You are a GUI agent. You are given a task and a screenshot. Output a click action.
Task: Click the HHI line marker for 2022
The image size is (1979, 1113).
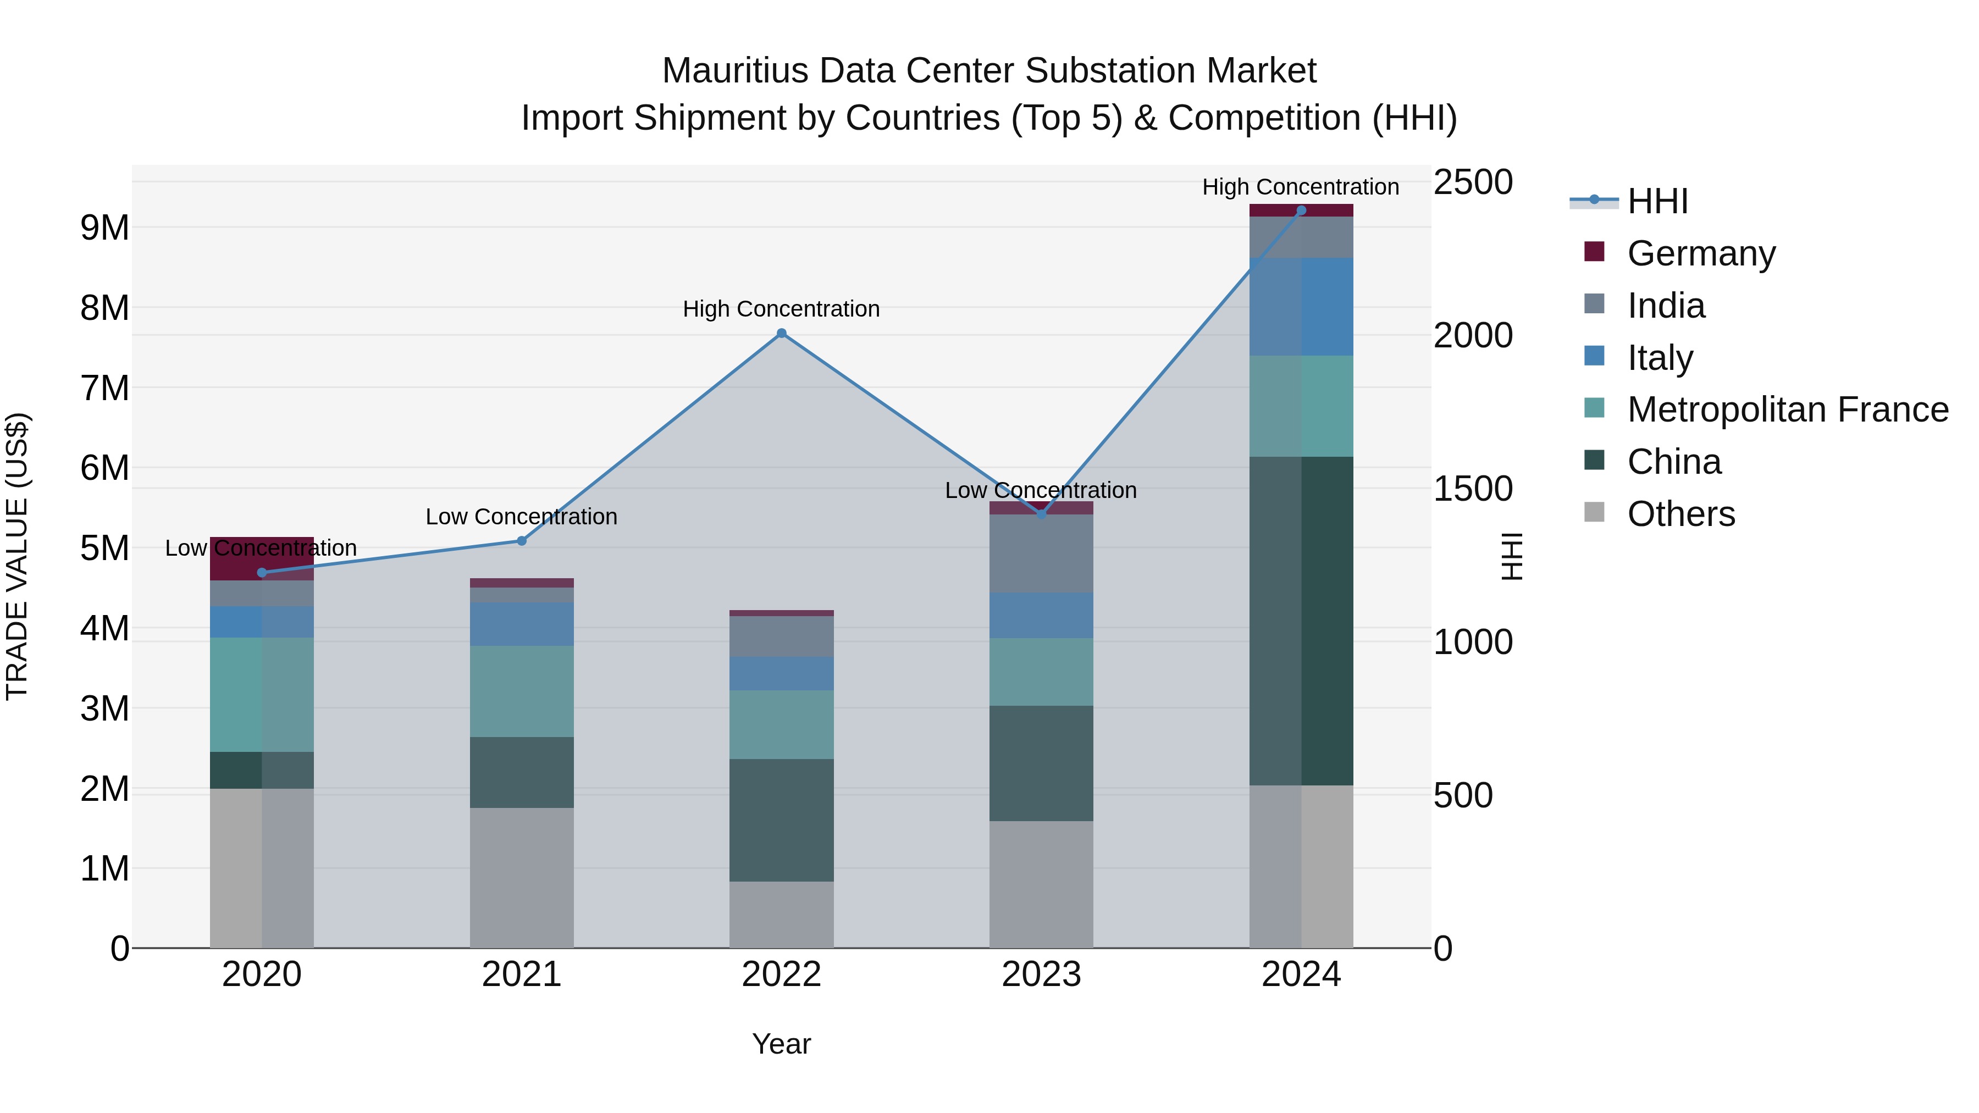tap(781, 334)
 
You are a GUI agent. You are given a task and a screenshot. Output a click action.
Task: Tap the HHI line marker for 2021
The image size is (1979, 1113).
tap(522, 541)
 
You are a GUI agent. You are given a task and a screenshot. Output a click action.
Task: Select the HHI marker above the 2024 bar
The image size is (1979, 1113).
tap(1301, 211)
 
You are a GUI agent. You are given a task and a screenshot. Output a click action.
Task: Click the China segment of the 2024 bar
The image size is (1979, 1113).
tap(1301, 621)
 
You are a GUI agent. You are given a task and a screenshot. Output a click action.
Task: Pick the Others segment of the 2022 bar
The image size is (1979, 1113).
tap(781, 914)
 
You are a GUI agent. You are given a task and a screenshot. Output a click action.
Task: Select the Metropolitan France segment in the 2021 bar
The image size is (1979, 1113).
tap(522, 691)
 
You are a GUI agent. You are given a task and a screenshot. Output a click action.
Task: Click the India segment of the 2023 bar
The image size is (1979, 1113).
tap(1041, 553)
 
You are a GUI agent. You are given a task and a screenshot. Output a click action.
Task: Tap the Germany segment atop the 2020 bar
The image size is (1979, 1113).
tap(261, 559)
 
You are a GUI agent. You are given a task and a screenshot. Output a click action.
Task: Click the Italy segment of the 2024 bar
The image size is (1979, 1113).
tap(1301, 307)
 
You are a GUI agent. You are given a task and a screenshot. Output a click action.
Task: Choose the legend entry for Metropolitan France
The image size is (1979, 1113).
tap(1787, 409)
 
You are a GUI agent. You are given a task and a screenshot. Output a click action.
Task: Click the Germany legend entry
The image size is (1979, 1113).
tap(1701, 253)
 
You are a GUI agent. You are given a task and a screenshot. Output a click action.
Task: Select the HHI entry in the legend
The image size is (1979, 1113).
tap(1657, 201)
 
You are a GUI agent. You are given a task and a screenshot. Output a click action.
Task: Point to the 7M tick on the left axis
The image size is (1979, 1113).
tap(105, 388)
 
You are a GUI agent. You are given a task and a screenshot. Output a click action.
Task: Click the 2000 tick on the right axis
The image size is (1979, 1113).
tap(1473, 336)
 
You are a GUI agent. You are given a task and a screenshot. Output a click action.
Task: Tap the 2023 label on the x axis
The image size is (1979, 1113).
tap(1041, 974)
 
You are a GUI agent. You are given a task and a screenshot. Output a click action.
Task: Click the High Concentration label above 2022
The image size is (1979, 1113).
tap(781, 309)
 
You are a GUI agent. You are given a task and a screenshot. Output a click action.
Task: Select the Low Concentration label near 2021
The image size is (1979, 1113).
tap(522, 517)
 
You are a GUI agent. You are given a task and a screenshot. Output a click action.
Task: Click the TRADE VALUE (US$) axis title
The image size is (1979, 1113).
tap(17, 556)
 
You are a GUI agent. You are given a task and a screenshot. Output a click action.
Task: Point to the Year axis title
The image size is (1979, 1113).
tap(781, 1044)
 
